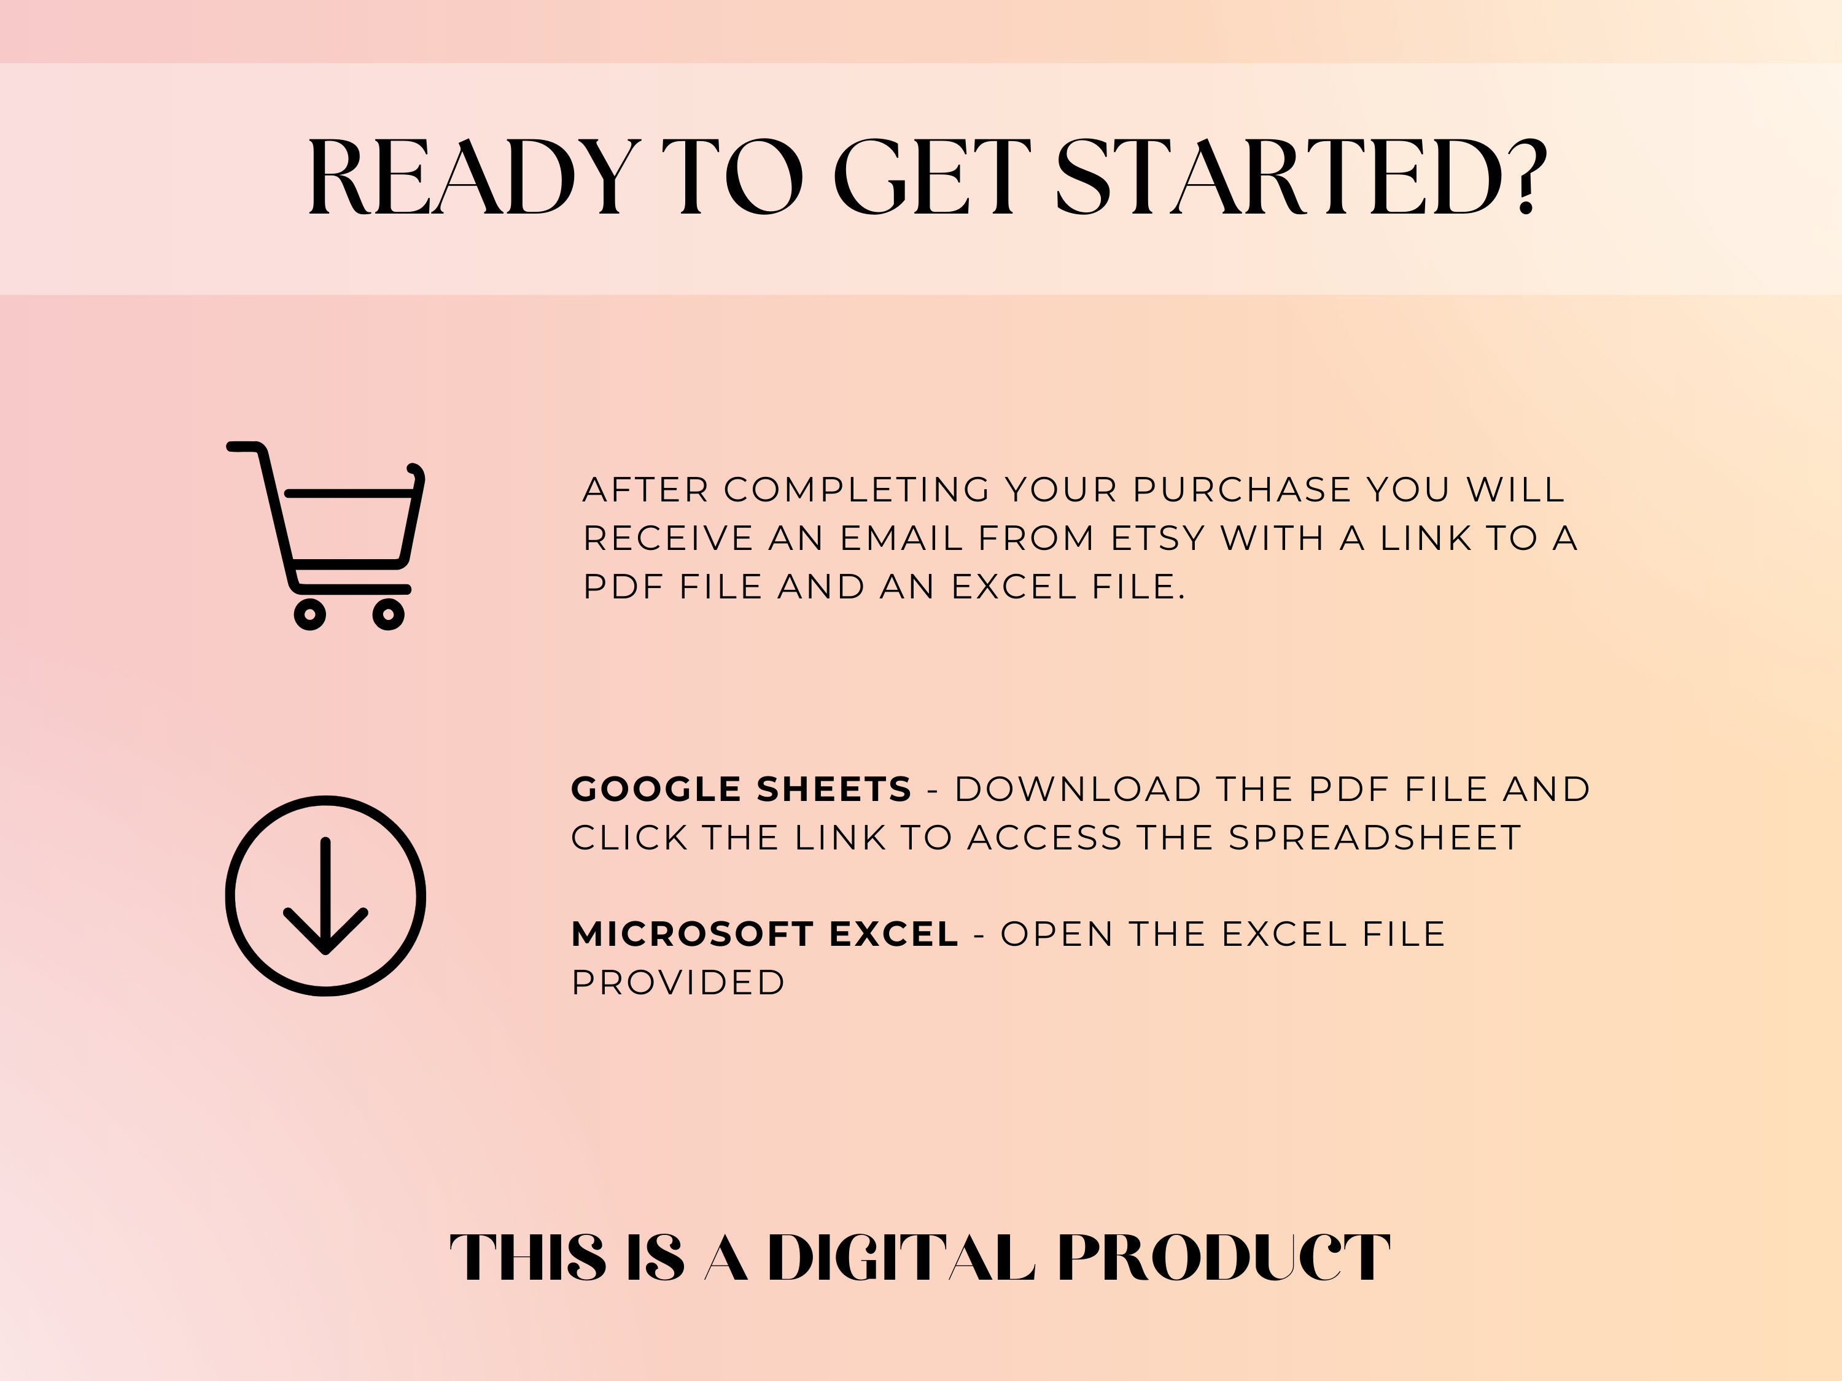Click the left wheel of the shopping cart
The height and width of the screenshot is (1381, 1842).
310,614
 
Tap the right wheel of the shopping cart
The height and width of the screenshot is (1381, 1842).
388,614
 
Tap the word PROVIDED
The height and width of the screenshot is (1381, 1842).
678,983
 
